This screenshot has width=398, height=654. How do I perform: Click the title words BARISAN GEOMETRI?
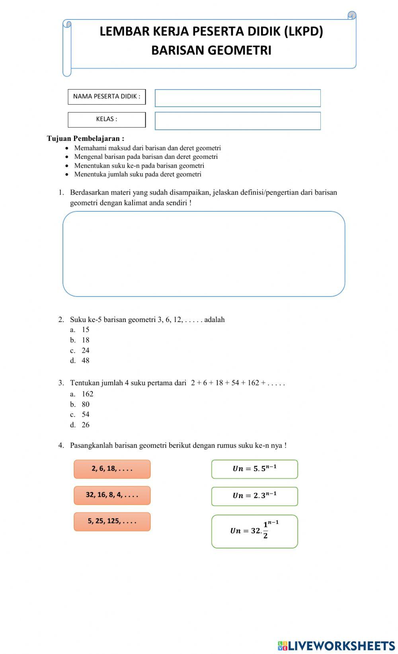[211, 51]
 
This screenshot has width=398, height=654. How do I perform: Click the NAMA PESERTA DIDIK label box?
[107, 97]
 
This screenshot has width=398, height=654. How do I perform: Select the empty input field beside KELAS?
[238, 121]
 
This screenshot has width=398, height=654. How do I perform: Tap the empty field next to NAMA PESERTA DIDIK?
[238, 98]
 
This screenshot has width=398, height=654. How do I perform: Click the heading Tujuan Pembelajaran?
[86, 139]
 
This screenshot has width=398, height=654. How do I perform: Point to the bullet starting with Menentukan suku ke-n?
[139, 166]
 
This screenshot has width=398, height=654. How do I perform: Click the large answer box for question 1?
[204, 254]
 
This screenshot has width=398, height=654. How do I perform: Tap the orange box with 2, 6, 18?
[112, 469]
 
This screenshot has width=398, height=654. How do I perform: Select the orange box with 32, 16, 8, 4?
[112, 495]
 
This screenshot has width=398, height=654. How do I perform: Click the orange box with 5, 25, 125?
[112, 521]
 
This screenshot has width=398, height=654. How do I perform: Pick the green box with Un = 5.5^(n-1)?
[254, 469]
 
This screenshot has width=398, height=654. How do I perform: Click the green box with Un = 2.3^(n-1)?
[254, 496]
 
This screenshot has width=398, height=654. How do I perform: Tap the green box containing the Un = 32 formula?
[254, 531]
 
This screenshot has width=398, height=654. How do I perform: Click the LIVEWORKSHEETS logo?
[336, 645]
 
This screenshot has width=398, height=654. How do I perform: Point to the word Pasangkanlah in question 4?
[91, 445]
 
